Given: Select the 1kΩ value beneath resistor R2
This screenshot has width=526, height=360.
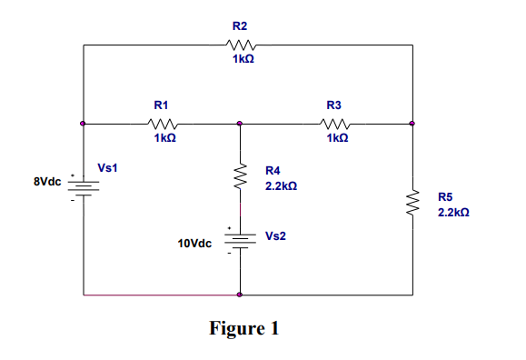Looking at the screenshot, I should (243, 59).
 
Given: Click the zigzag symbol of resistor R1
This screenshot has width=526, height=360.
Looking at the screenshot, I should (164, 123).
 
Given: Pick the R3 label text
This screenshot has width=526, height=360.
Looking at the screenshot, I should (333, 105).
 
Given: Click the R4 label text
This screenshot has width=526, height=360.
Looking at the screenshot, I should (273, 170).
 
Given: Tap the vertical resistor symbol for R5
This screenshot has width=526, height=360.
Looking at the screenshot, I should (412, 203).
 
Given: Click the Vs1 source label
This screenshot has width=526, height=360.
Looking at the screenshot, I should (108, 168).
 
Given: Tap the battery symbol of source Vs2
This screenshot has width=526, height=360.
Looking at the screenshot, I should (240, 240).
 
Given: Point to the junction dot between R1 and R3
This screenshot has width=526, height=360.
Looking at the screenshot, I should (240, 123).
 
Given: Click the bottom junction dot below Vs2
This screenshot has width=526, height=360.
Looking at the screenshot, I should (240, 295).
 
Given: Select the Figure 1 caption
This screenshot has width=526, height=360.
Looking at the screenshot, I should (244, 328).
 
